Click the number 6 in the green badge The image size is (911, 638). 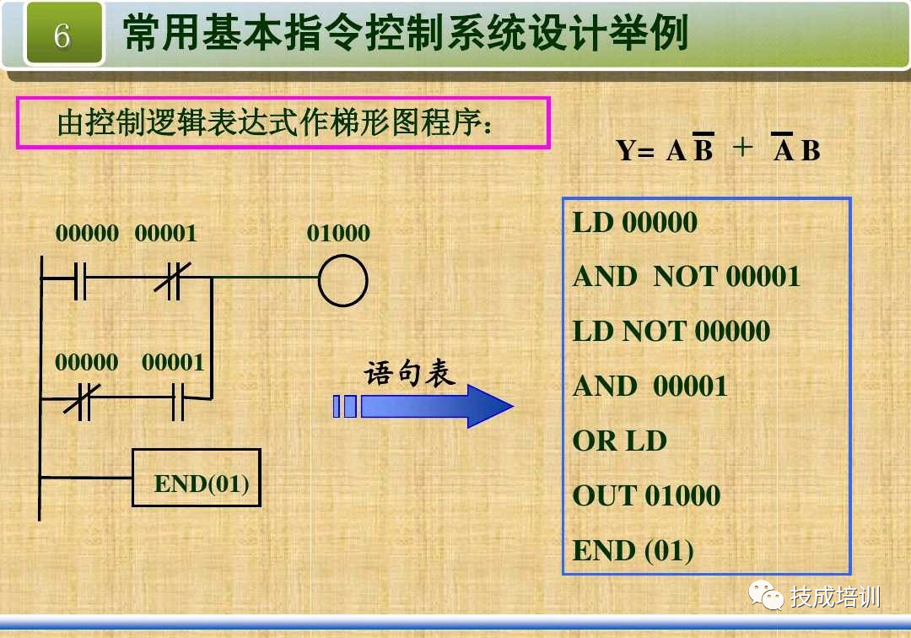62,35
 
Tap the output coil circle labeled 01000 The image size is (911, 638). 342,280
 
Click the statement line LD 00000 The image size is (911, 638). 634,223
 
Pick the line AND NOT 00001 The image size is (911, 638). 686,277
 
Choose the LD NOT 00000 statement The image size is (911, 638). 671,331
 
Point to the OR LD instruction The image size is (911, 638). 620,441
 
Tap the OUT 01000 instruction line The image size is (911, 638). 646,495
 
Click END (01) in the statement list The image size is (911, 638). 633,550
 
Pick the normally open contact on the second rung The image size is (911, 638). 177,402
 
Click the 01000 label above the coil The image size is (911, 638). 338,233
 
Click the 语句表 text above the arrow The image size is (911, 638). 409,373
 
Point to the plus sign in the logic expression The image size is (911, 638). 742,149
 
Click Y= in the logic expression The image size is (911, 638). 635,151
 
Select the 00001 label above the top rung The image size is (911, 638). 165,233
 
